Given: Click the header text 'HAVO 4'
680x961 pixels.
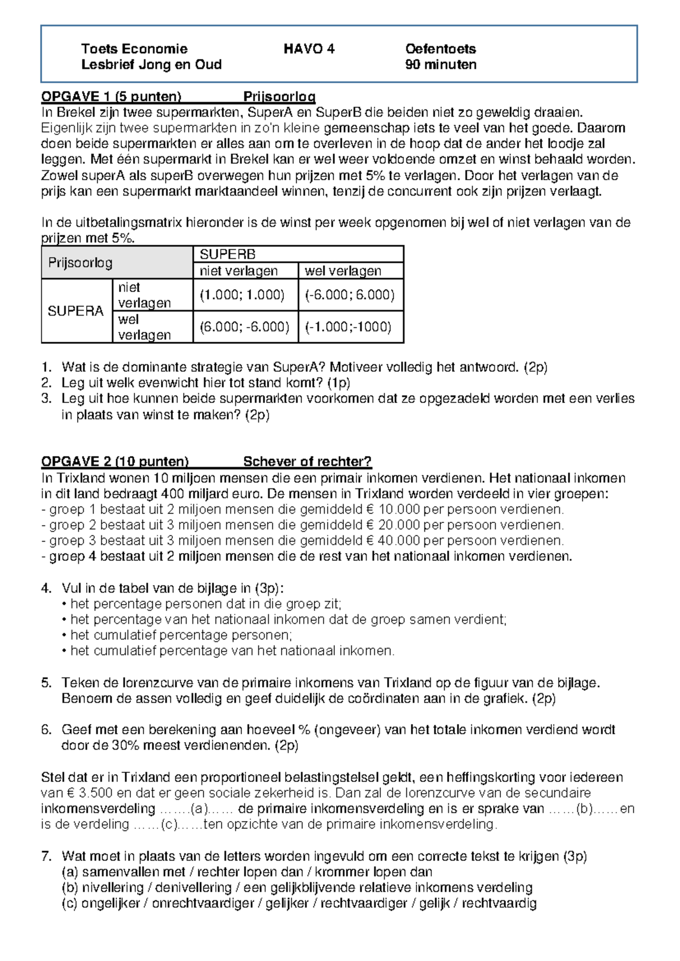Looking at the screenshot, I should coord(309,49).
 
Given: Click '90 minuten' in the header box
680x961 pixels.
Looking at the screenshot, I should coord(440,65).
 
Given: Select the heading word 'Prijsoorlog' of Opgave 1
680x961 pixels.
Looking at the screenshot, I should coord(279,96).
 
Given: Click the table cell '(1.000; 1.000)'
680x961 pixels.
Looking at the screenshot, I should coord(242,295).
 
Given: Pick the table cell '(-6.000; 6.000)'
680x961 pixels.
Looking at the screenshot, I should coord(350,295).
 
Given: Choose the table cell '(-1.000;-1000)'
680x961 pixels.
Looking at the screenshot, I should coord(348,327).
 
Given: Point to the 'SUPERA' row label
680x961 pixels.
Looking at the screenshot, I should coord(75,311).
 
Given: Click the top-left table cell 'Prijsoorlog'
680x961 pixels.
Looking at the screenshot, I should coord(80,263).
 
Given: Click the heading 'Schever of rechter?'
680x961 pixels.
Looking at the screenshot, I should coord(307,462).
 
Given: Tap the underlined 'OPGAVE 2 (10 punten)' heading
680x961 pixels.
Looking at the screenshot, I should coord(115,462).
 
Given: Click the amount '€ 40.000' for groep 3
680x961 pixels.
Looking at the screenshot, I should coord(393,541).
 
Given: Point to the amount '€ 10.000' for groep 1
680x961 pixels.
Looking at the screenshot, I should coord(393,509).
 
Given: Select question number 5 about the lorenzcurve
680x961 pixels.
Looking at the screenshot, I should coord(46,683).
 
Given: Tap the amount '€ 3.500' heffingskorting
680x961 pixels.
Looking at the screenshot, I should coord(75,793).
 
